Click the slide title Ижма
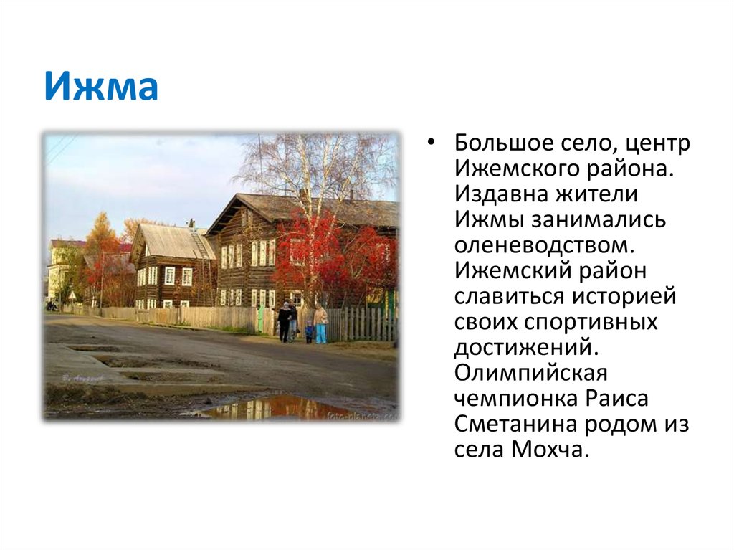(100, 87)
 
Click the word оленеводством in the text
(544, 245)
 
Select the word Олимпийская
(530, 374)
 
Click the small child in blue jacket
(309, 331)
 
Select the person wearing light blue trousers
(320, 324)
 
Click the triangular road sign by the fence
(73, 295)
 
